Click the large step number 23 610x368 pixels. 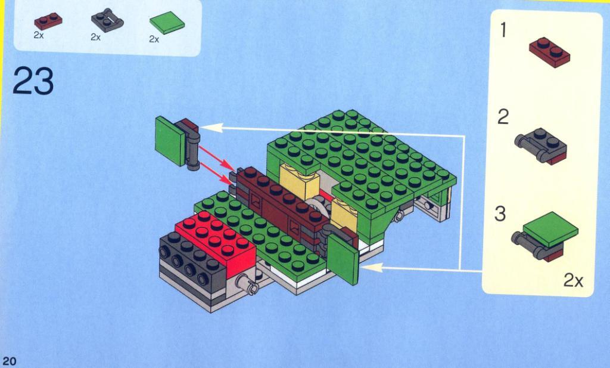[x=33, y=81]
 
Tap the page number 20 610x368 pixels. [x=10, y=361]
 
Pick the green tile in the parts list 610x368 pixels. [x=167, y=23]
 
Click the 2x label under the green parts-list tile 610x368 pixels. [x=154, y=39]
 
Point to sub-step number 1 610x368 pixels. [x=503, y=30]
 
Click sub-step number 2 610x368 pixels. [x=503, y=117]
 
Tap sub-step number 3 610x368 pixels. [x=500, y=214]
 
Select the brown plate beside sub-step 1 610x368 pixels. [x=549, y=52]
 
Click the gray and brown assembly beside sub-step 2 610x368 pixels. [x=541, y=146]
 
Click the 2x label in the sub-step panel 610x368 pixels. [x=574, y=280]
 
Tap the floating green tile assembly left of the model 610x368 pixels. [x=178, y=143]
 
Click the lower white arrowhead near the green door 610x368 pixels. [x=372, y=268]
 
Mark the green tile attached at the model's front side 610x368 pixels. [x=344, y=259]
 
